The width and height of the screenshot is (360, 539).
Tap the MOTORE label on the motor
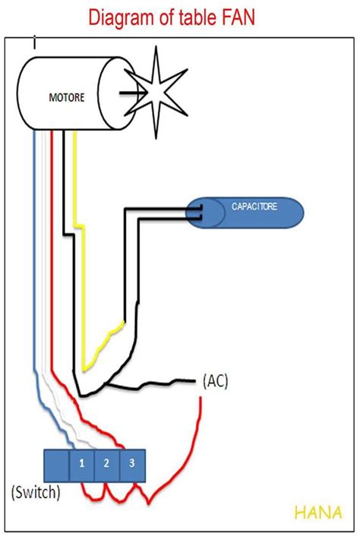tap(67, 97)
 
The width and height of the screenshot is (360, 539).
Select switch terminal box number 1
tap(81, 462)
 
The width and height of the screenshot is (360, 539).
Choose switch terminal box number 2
tap(106, 462)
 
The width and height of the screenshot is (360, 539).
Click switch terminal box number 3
tap(131, 462)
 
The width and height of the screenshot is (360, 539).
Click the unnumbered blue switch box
tap(56, 465)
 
